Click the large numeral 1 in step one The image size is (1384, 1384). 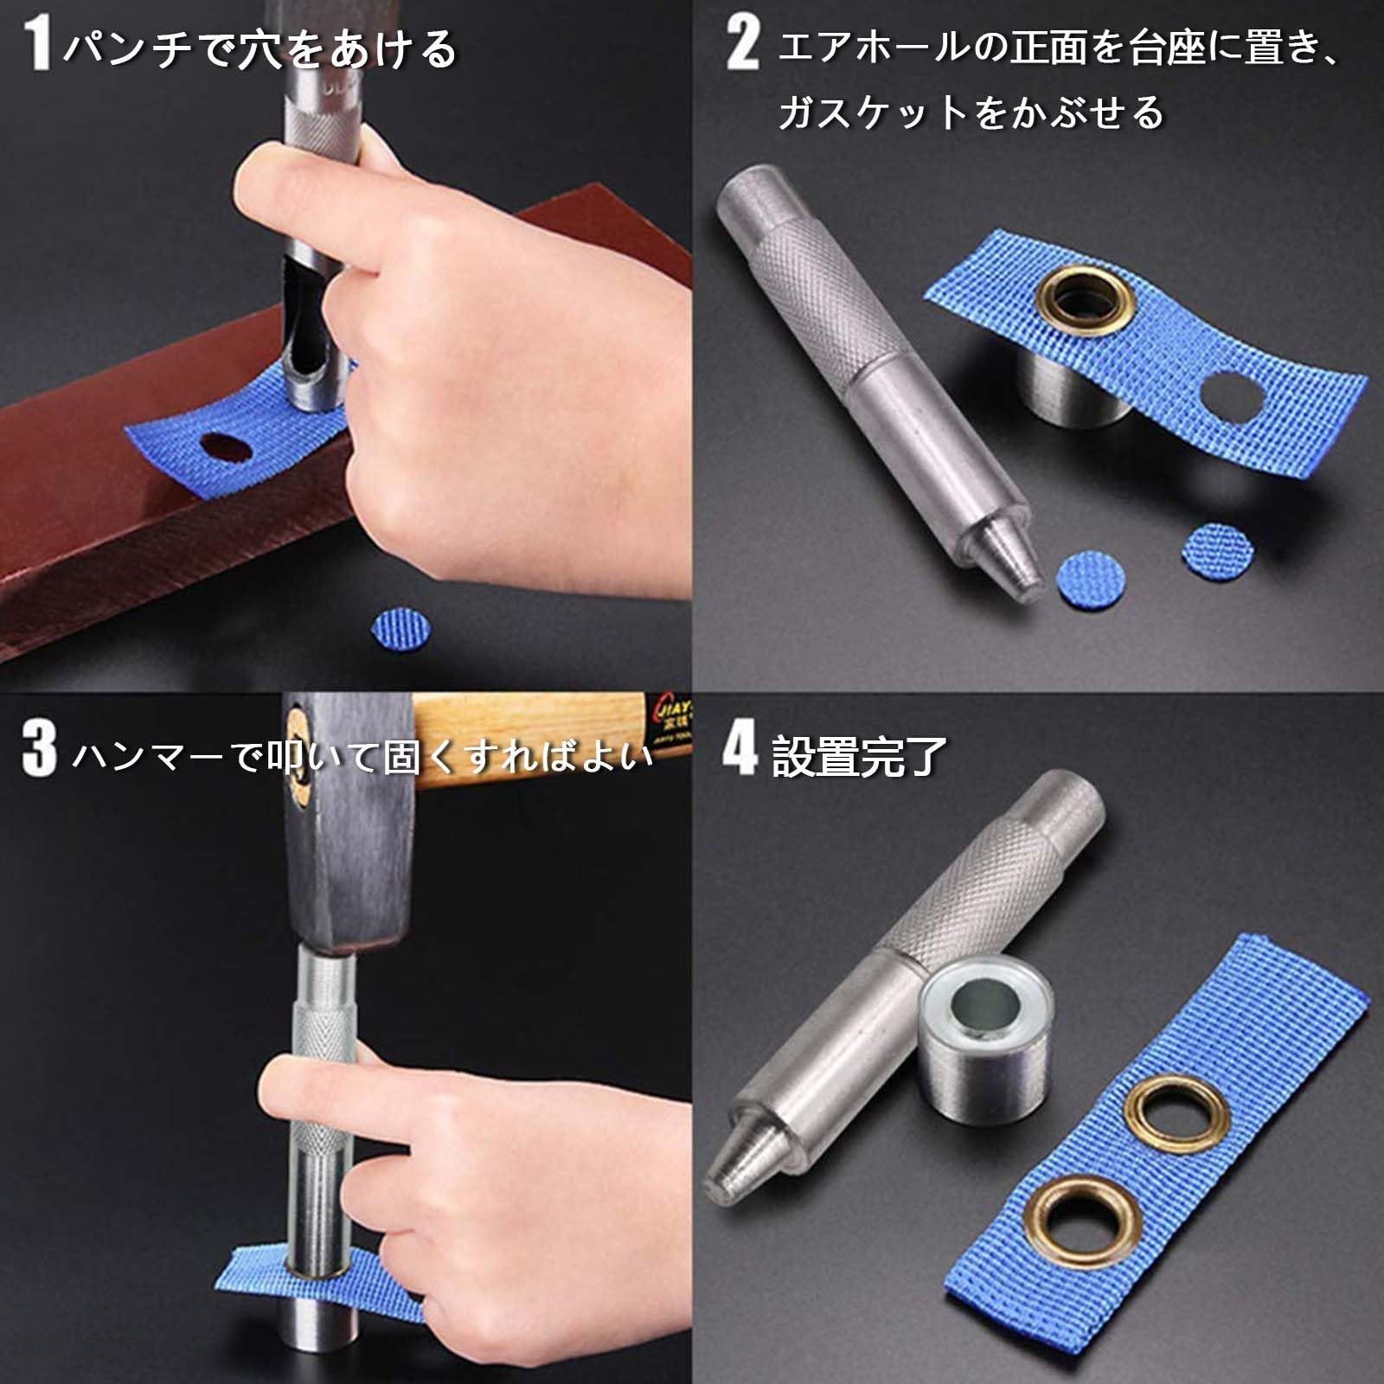click(37, 45)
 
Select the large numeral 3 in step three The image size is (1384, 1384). click(39, 749)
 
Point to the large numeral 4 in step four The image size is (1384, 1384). click(740, 749)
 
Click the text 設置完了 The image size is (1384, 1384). click(859, 756)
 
